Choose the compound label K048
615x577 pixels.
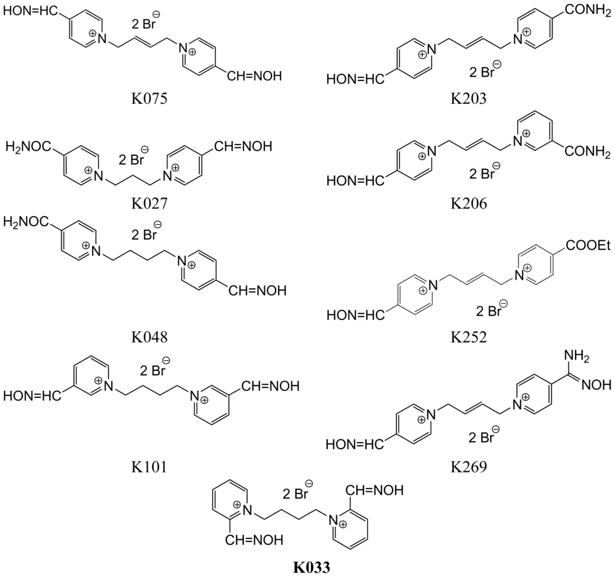pos(149,337)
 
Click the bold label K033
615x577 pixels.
pos(312,566)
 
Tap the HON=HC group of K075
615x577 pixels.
pos(35,12)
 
